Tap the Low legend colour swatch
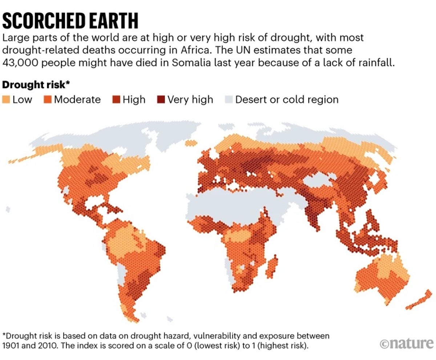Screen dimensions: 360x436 [6, 100]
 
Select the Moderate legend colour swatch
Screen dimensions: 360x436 [48, 100]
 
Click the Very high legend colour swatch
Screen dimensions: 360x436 [161, 100]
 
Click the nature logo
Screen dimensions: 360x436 [407, 343]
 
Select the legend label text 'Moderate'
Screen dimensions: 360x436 [77, 100]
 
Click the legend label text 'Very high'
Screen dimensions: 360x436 [190, 100]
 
